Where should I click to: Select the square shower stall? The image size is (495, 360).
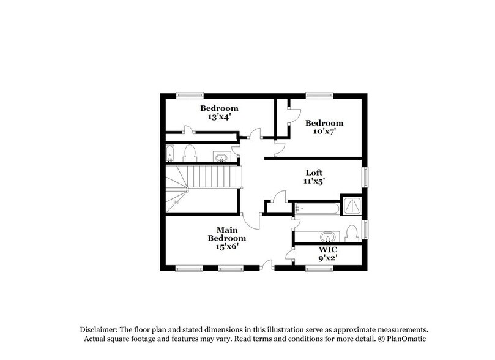click(x=352, y=208)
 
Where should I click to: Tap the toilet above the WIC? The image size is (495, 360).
click(x=351, y=233)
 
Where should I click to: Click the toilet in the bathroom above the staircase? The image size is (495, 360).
click(x=189, y=153)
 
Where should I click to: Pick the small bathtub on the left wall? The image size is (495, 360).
click(x=170, y=153)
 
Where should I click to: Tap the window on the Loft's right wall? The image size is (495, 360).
click(x=367, y=178)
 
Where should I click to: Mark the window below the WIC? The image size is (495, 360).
click(x=319, y=268)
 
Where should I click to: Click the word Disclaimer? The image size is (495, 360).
click(x=99, y=329)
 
